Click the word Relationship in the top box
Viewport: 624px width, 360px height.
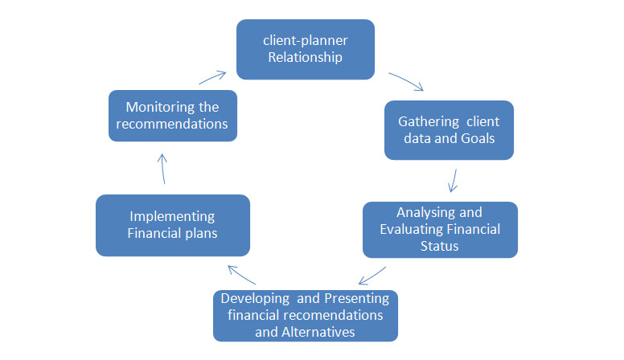pos(305,57)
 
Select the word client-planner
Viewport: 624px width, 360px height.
pos(305,39)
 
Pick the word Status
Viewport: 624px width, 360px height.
pos(439,246)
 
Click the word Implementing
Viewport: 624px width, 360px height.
pos(172,216)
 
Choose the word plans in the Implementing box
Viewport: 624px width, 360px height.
pos(199,233)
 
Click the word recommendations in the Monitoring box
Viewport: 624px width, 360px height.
pos(172,124)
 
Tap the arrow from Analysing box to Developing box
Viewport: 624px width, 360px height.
pos(372,276)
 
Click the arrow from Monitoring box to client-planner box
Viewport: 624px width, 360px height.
pos(212,76)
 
